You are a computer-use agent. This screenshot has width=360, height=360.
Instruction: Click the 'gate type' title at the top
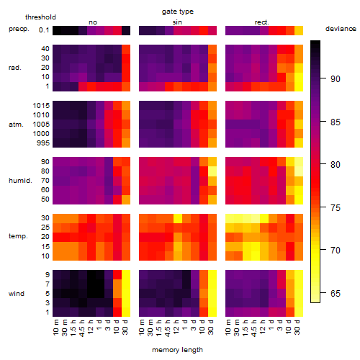click(x=178, y=12)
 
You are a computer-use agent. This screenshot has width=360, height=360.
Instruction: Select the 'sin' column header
click(x=177, y=22)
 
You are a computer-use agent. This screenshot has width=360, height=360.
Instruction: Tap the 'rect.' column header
click(x=261, y=22)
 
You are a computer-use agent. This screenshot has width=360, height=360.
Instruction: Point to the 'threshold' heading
click(x=40, y=17)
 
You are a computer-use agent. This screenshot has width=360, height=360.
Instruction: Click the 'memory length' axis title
click(x=177, y=350)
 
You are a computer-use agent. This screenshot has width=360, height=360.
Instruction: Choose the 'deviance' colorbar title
click(x=341, y=29)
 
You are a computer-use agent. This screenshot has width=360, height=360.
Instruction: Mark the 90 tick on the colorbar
click(x=323, y=78)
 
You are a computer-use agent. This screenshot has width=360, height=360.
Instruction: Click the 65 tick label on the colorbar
click(x=336, y=293)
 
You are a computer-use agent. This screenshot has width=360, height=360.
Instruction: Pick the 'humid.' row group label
click(x=20, y=181)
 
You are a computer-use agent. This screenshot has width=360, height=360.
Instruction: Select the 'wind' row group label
click(x=17, y=294)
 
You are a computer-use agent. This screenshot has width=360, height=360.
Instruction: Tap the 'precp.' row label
click(x=19, y=29)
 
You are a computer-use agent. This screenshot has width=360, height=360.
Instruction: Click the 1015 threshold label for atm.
click(x=41, y=106)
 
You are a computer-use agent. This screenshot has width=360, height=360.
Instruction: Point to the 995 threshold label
click(x=43, y=143)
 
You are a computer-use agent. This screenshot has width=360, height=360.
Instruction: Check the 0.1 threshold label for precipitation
click(x=44, y=30)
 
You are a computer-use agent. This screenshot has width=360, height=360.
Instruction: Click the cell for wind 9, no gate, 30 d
click(x=126, y=274)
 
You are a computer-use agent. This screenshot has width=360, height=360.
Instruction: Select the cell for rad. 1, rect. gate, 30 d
click(x=299, y=86)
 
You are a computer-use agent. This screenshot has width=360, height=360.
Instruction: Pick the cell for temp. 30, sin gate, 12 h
click(x=178, y=218)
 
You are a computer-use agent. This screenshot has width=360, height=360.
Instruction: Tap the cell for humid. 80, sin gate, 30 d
click(x=212, y=171)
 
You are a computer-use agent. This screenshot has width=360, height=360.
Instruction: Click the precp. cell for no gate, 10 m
click(x=57, y=30)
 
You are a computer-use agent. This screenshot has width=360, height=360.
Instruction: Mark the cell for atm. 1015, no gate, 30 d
click(x=126, y=105)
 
